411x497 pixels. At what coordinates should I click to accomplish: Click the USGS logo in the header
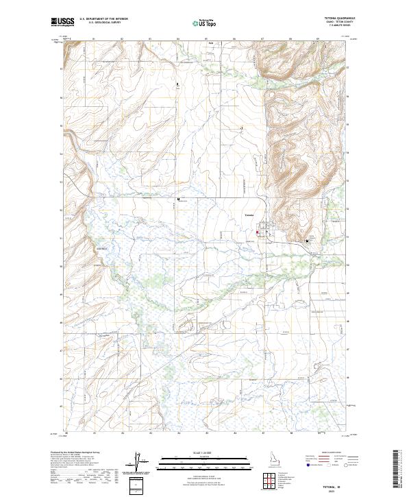(x=62, y=22)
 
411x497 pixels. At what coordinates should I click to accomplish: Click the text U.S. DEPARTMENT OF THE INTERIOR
(x=104, y=20)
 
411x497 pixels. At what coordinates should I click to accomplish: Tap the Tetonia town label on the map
(x=249, y=216)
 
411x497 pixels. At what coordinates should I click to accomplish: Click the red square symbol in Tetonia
(x=257, y=232)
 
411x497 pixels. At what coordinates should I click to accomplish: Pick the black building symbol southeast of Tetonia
(x=307, y=241)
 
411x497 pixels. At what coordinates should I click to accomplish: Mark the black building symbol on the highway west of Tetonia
(x=178, y=199)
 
